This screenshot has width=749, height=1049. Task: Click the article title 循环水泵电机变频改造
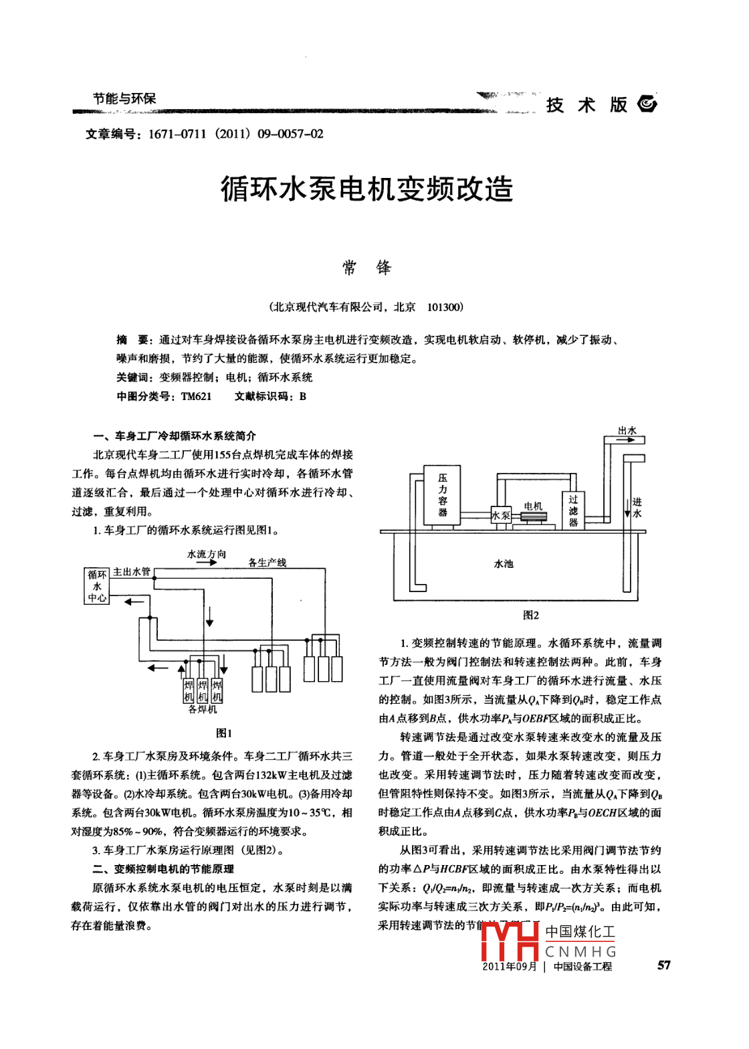pos(366,189)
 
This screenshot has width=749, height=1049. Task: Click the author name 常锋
pos(366,268)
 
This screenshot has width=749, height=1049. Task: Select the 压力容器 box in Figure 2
pos(442,495)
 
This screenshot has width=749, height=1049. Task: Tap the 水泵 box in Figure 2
pos(501,515)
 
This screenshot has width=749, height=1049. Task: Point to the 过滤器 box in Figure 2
pos(573,510)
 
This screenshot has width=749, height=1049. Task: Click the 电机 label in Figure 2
pos(533,506)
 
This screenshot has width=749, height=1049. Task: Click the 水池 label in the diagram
pos(504,564)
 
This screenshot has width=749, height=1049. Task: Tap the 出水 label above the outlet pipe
pos(627,430)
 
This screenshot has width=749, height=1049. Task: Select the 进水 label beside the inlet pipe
pos(637,507)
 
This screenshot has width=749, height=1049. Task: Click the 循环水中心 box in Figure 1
pos(97,586)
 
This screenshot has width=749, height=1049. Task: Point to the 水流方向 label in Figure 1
pos(207,554)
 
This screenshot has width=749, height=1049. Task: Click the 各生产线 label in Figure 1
pos(267,563)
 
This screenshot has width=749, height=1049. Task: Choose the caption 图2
pos(530,615)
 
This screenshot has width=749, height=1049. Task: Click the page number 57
pos(663,965)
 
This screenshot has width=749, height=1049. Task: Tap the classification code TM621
pos(196,396)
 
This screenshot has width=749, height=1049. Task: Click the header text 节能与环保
pos(124,99)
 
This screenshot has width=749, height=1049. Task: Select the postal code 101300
pos(445,307)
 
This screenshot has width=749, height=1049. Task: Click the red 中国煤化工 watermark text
pos(580,932)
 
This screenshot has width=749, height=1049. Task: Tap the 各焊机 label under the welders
pos(203,709)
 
